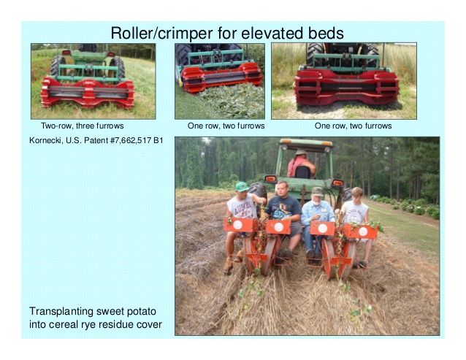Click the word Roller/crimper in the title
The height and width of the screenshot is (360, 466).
coord(161,33)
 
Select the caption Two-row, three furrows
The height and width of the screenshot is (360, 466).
coord(83,126)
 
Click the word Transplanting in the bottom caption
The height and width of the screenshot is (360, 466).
coord(61,312)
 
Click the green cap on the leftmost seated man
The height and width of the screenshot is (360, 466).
coord(242,186)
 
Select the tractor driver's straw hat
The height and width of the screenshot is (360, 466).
coord(301,152)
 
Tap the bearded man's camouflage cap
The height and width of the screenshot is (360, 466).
coord(317,191)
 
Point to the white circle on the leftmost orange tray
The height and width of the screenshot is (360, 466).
coord(238,225)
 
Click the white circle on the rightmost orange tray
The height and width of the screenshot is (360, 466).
coord(363,231)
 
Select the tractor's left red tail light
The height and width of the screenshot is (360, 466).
coord(270,179)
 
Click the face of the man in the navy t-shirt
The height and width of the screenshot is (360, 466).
coord(281,190)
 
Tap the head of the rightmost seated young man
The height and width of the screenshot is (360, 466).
coord(357,195)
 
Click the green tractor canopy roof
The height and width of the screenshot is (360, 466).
coord(306,142)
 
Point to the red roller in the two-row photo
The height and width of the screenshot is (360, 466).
coord(88,93)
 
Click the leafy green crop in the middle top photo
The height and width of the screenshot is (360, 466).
coord(232,101)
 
